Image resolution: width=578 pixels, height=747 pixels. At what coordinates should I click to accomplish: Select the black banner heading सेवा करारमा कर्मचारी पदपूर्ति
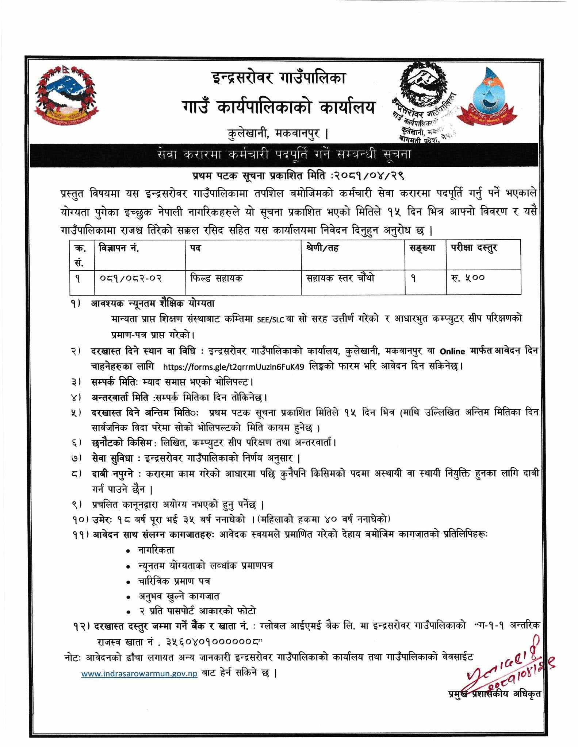pyautogui.click(x=283, y=155)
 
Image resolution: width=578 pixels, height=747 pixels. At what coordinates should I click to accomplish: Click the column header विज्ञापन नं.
pyautogui.click(x=119, y=248)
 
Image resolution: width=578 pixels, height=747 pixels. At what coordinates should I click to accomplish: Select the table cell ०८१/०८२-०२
pyautogui.click(x=130, y=278)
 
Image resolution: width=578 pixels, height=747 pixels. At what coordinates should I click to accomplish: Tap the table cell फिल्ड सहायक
pyautogui.click(x=217, y=278)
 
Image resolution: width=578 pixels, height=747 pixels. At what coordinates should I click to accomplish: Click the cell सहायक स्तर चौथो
pyautogui.click(x=340, y=278)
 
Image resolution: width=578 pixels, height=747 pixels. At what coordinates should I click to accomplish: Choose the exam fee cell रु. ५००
pyautogui.click(x=467, y=278)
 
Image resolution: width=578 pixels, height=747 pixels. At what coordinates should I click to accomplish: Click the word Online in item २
pyautogui.click(x=452, y=352)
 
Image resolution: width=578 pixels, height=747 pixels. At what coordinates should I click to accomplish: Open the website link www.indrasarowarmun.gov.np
pyautogui.click(x=139, y=674)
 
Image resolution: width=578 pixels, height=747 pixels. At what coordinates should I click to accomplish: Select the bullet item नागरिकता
pyautogui.click(x=156, y=550)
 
